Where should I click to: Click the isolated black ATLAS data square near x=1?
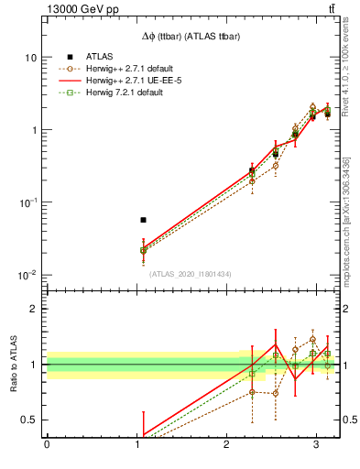[143, 220]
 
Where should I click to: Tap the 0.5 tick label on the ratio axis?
[30, 420]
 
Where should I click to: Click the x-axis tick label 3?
[315, 445]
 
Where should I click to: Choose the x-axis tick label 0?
[47, 445]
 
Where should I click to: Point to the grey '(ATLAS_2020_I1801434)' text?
[191, 274]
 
